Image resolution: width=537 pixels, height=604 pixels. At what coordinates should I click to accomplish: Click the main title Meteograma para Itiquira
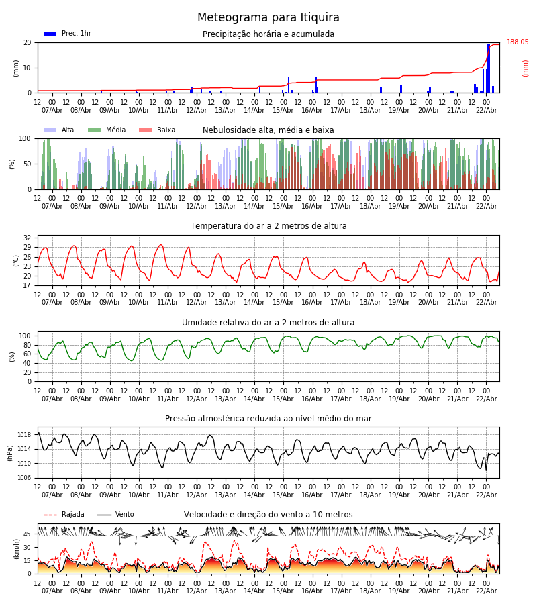click(x=268, y=18)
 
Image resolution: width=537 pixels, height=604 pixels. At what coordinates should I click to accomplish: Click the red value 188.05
click(x=518, y=42)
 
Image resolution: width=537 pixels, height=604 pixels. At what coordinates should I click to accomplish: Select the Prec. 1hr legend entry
click(x=76, y=34)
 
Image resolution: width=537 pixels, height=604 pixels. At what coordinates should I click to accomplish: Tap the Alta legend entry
click(x=68, y=130)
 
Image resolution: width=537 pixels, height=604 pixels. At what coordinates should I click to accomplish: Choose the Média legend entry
click(x=115, y=130)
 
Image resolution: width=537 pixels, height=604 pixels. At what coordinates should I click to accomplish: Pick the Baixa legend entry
click(x=166, y=130)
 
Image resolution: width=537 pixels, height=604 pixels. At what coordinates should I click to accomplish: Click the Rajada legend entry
click(x=72, y=515)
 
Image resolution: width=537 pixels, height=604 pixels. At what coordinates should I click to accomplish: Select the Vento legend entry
click(x=124, y=515)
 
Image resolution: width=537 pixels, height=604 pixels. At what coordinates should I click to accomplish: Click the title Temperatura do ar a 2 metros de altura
click(x=268, y=226)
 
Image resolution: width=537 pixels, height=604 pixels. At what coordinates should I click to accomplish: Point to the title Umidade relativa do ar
click(x=268, y=323)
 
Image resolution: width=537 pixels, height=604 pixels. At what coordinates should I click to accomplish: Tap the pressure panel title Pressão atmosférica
click(x=268, y=419)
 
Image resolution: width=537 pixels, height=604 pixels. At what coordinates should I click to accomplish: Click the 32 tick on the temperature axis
click(x=28, y=238)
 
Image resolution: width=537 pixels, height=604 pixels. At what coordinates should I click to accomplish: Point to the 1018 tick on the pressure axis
click(x=23, y=435)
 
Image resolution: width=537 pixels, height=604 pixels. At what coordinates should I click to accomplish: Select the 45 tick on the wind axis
click(x=28, y=534)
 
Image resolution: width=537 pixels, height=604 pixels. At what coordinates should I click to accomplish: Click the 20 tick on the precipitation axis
click(x=28, y=42)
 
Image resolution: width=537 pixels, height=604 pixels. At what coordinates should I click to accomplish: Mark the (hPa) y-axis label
click(x=10, y=452)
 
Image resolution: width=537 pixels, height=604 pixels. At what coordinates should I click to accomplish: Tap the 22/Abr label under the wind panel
click(x=486, y=591)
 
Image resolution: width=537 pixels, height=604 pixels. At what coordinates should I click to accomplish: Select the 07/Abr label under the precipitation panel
click(x=52, y=110)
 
